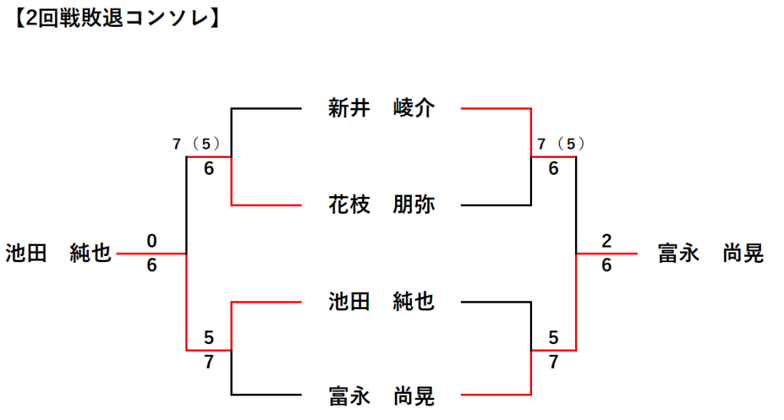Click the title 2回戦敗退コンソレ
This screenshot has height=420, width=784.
pyautogui.click(x=116, y=18)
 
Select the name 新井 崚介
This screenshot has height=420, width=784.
pyautogui.click(x=381, y=108)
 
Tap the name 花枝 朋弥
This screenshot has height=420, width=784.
pyautogui.click(x=381, y=205)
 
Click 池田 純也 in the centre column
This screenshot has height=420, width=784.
pyautogui.click(x=381, y=302)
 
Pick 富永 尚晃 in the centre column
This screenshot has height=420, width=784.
pyautogui.click(x=381, y=396)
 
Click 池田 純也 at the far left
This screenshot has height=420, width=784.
pyautogui.click(x=58, y=253)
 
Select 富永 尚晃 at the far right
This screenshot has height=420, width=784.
pyautogui.click(x=710, y=253)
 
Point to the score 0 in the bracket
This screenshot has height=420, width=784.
pyautogui.click(x=152, y=241)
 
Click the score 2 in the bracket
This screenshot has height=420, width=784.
pyautogui.click(x=606, y=241)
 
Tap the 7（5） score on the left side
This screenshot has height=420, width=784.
pyautogui.click(x=196, y=144)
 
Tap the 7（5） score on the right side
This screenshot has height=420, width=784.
pyautogui.click(x=560, y=144)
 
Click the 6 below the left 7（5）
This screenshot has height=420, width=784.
pyautogui.click(x=209, y=169)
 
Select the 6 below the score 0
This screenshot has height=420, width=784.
pyautogui.click(x=152, y=265)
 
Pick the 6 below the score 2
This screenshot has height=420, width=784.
pyautogui.click(x=606, y=265)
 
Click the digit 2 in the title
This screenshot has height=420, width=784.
pyautogui.click(x=31, y=19)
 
